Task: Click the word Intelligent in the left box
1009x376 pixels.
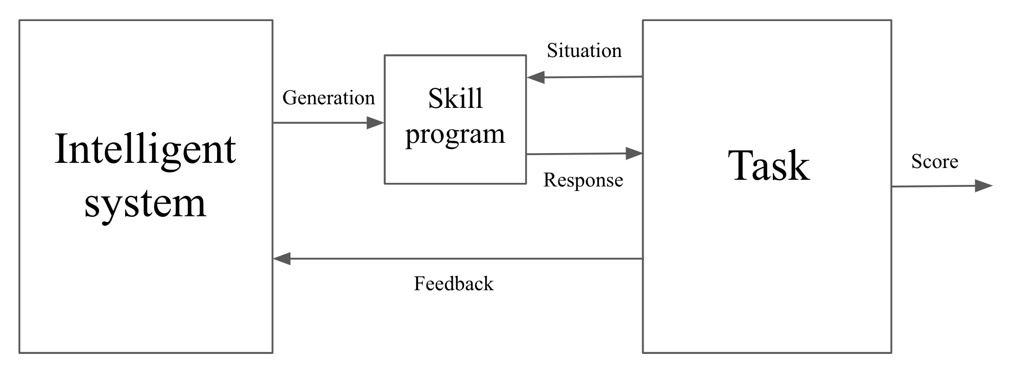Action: click(145, 149)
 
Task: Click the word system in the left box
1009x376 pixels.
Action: click(145, 203)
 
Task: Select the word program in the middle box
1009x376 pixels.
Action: click(455, 135)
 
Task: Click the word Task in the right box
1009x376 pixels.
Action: click(768, 166)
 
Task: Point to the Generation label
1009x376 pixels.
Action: click(328, 98)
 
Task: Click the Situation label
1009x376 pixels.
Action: click(584, 50)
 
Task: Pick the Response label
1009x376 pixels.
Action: click(583, 180)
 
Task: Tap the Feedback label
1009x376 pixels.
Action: click(454, 284)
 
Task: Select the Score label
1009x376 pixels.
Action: click(935, 161)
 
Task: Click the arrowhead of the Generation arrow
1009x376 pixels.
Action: click(376, 123)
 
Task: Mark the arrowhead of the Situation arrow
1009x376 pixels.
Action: click(535, 78)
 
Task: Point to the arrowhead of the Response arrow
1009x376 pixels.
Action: click(634, 153)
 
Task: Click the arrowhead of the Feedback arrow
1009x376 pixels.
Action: click(282, 259)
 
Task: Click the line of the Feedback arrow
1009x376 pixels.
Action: click(462, 259)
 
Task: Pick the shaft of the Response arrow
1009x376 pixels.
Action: click(575, 154)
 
